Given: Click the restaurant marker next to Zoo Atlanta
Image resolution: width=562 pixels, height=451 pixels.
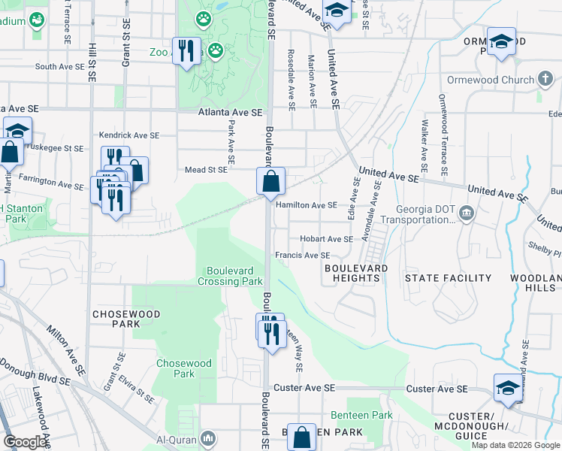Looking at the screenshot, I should tap(186, 51).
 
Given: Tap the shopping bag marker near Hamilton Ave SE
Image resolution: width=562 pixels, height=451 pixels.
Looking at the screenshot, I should tap(270, 181).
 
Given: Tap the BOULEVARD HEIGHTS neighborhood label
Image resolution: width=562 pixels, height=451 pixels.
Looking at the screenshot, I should tap(356, 273).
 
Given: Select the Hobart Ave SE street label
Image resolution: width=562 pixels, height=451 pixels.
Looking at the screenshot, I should tap(326, 239).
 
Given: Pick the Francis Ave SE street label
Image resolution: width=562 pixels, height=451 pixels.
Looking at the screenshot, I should tap(302, 256).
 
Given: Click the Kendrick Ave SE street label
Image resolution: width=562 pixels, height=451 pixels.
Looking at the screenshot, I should tap(129, 135).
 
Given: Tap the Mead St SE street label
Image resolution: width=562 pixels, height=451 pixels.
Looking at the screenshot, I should tap(206, 170).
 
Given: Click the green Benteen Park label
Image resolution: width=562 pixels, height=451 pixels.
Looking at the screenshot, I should tap(362, 415).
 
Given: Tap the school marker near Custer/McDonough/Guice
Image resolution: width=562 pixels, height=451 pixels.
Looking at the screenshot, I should tap(508, 389).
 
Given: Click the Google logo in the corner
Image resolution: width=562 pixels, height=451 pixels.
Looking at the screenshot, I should tap(26, 442).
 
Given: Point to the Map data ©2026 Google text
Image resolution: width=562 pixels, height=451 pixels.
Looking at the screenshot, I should tap(515, 445).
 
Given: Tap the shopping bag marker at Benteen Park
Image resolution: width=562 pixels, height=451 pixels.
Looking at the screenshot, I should tap(301, 437).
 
